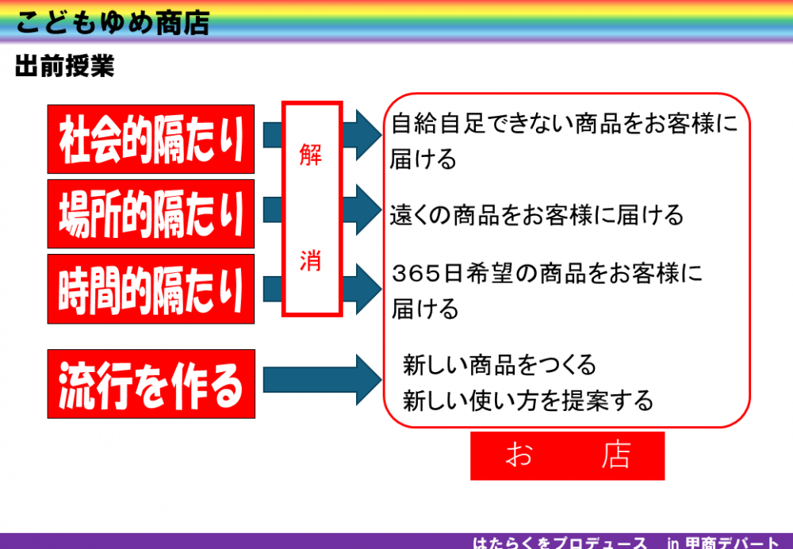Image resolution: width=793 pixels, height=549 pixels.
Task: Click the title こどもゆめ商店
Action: point(113,23)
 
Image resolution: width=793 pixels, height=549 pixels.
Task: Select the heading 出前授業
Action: point(65,66)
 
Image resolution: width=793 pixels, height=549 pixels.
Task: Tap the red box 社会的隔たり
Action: point(151,139)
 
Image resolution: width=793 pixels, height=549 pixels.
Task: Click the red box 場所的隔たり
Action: point(151,214)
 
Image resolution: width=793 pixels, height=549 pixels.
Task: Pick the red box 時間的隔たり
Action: point(151,289)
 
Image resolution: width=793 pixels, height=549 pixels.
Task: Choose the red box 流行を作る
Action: point(151,384)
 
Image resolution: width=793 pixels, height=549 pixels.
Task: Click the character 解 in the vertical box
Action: point(311,155)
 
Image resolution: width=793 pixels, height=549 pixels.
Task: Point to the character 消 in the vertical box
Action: point(311,261)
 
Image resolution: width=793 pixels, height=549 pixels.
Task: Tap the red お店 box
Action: point(568,455)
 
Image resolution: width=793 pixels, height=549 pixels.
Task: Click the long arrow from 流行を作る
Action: point(323,380)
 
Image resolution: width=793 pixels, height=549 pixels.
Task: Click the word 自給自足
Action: point(439,124)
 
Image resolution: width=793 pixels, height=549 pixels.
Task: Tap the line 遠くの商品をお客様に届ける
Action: point(537,215)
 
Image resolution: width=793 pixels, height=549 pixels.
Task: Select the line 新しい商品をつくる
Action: point(500,365)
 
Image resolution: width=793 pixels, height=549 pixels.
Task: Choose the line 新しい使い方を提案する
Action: point(528,401)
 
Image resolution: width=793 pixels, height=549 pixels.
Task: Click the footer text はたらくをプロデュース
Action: point(560,543)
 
